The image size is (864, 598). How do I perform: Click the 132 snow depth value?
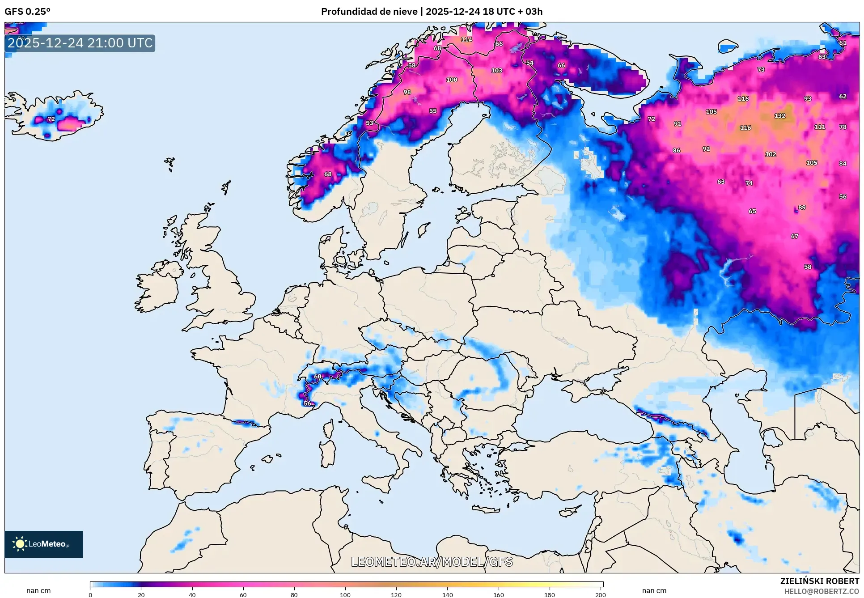pos(779,116)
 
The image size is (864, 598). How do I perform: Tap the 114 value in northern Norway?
pos(466,39)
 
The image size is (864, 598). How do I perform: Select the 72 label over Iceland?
pos(51,119)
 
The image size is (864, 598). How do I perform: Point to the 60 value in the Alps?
pos(318,377)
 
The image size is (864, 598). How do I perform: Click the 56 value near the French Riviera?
pos(308,403)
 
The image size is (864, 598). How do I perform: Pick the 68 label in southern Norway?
pos(328,174)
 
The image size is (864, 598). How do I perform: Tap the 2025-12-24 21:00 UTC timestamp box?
pos(80,43)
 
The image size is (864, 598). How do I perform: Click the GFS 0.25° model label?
pos(27,12)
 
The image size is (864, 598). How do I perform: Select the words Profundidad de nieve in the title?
pos(369,12)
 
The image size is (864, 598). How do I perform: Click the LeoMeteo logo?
pos(44,544)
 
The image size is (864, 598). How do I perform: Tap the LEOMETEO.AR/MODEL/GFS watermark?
pos(432,562)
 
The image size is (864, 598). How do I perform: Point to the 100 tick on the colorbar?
pos(345,594)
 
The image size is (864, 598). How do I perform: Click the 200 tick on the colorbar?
pos(600,594)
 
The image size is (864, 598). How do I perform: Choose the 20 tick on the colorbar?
pos(141,594)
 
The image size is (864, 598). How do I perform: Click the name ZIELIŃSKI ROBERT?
pos(819,581)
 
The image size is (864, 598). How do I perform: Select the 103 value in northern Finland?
pos(496,71)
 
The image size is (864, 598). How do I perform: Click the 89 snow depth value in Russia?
pos(802,208)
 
